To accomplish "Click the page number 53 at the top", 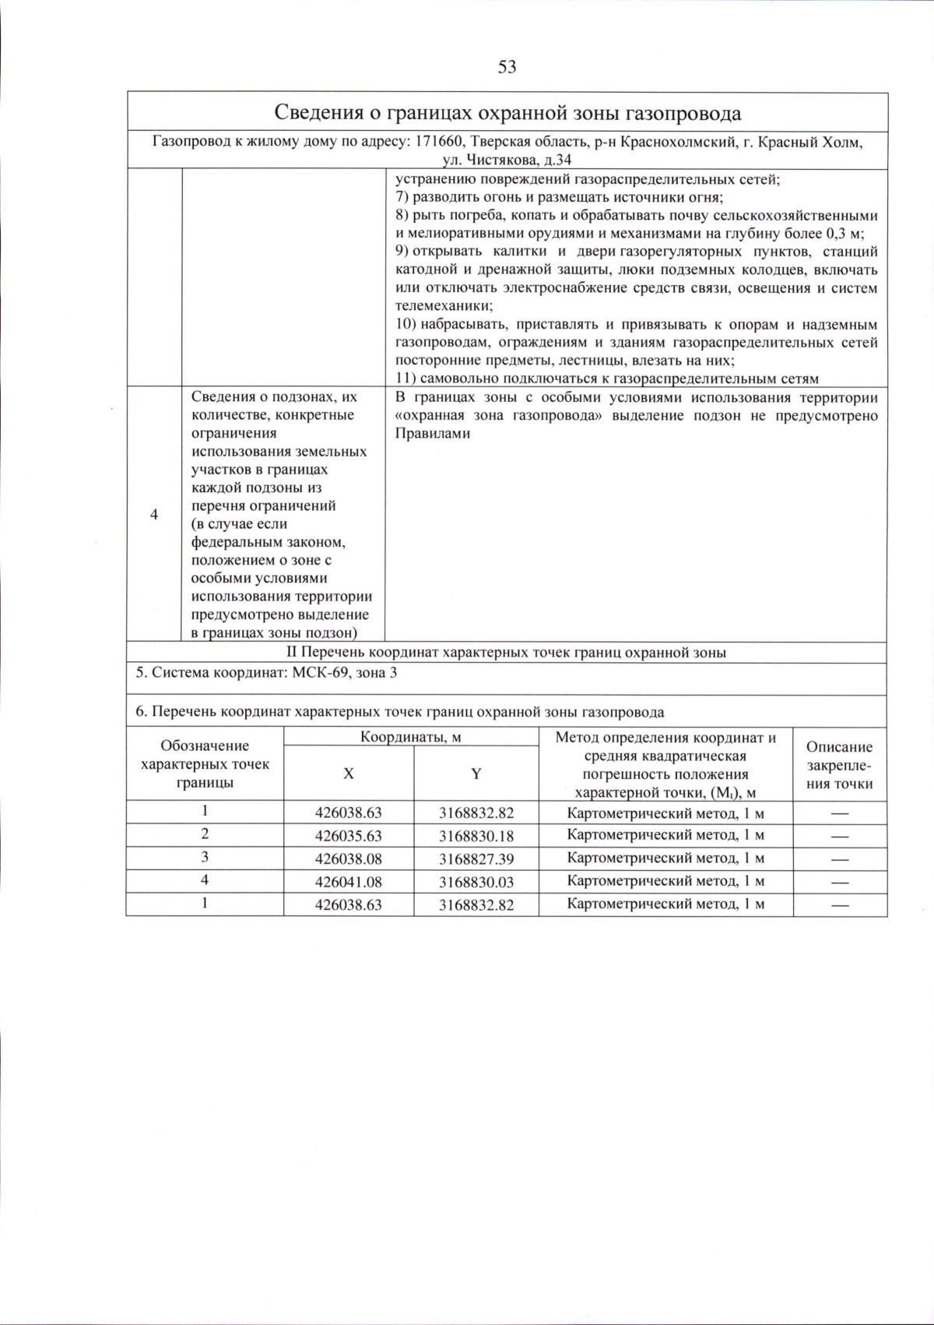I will tap(507, 67).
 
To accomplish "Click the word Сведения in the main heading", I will tap(318, 113).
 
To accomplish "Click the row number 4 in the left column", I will tap(153, 514).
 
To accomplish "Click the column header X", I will tap(349, 774).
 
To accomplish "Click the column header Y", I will tap(476, 774).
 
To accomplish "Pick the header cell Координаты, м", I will tap(410, 737).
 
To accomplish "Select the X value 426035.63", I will tap(348, 836).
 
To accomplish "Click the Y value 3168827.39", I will tap(476, 859).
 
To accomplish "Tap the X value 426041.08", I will tap(348, 882).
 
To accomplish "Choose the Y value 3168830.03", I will tap(476, 882).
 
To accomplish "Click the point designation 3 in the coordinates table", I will tap(205, 857).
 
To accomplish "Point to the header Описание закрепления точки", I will tap(839, 765).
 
